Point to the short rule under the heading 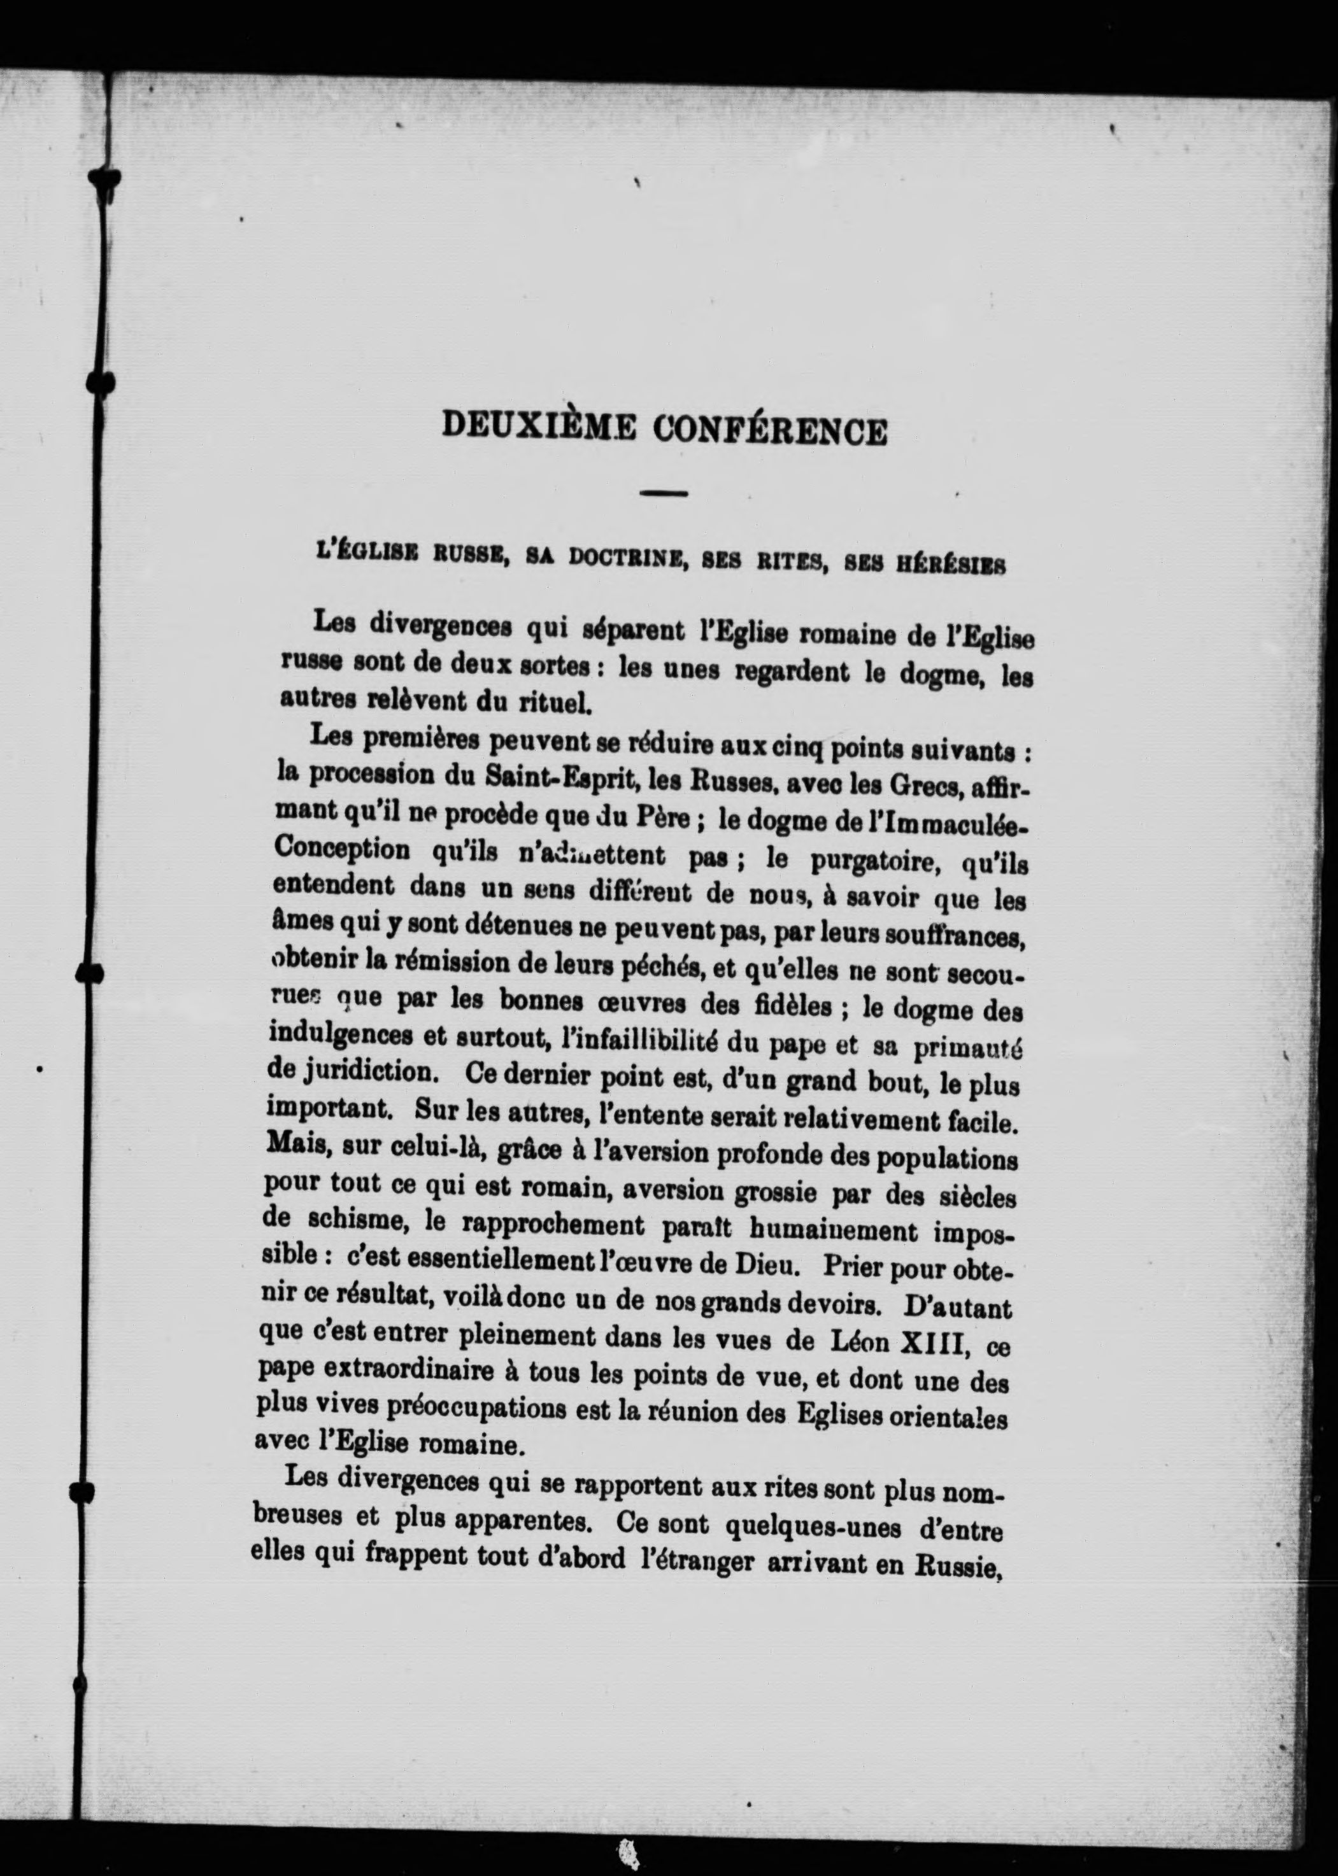pyautogui.click(x=663, y=493)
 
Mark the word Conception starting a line pyautogui.click(x=341, y=847)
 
